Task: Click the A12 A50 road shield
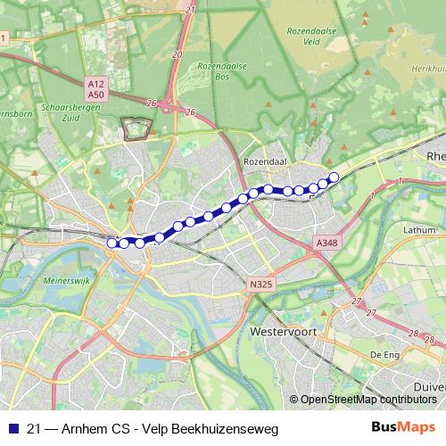96,87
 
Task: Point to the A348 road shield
326,242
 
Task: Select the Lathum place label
418,229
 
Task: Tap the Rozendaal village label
262,162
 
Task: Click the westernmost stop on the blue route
112,243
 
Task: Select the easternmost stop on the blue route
334,177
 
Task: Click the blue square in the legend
12,428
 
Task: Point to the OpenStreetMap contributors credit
368,400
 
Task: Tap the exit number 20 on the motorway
177,54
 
